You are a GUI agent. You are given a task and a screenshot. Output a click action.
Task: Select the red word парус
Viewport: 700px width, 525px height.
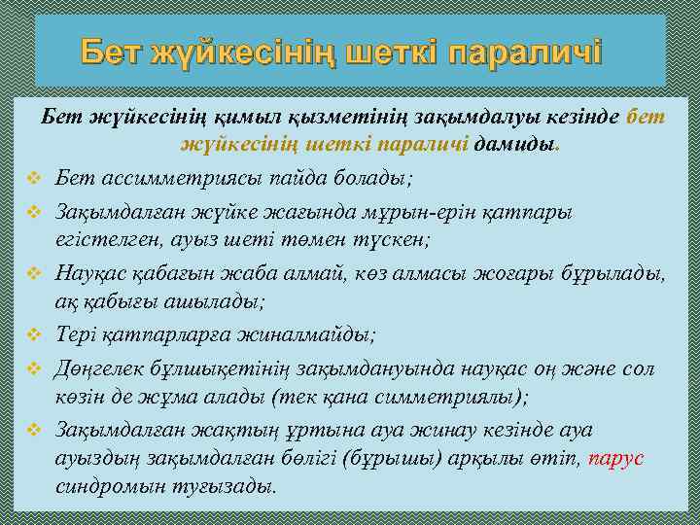pos(616,457)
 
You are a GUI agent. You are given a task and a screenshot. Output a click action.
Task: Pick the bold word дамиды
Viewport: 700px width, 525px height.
pos(516,145)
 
